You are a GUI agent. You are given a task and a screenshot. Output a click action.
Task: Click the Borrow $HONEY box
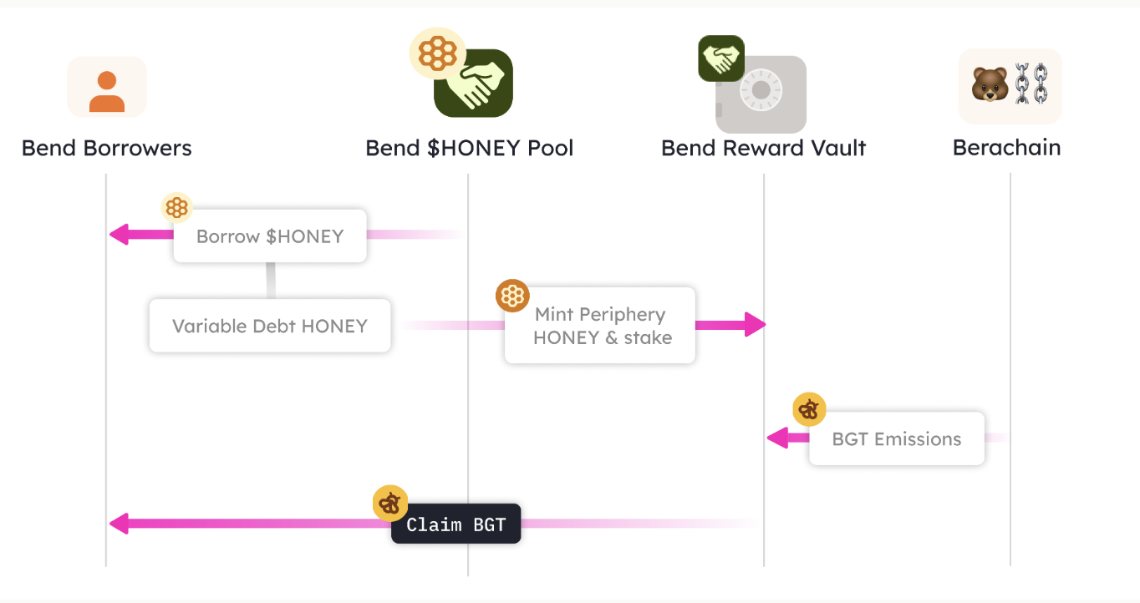pos(270,236)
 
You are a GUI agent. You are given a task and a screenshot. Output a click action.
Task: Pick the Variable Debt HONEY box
pos(270,326)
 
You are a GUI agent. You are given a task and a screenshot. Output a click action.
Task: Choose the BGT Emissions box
pos(897,439)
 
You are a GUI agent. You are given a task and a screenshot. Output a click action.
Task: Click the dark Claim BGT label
pos(456,524)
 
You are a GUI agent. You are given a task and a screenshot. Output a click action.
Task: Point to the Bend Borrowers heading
pos(107,149)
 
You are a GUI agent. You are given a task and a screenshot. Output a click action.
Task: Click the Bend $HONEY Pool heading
pos(470,149)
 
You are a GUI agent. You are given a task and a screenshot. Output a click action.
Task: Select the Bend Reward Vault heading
pos(763,149)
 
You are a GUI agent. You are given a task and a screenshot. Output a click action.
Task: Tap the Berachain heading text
pos(1007,148)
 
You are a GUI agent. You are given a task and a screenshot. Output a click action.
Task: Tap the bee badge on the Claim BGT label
pos(390,503)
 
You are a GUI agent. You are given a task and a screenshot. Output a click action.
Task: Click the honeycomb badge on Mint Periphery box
pos(511,296)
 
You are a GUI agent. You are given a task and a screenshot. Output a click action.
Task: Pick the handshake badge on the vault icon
pos(721,58)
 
